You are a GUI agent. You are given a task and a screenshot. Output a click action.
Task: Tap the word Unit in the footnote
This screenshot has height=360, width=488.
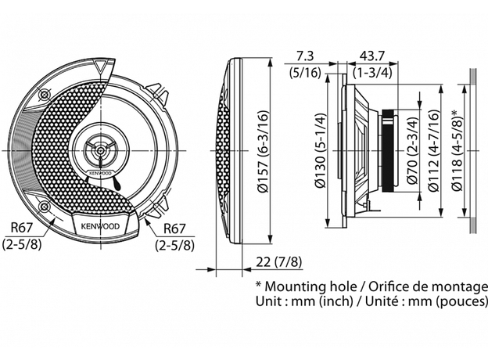[x=268, y=301]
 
